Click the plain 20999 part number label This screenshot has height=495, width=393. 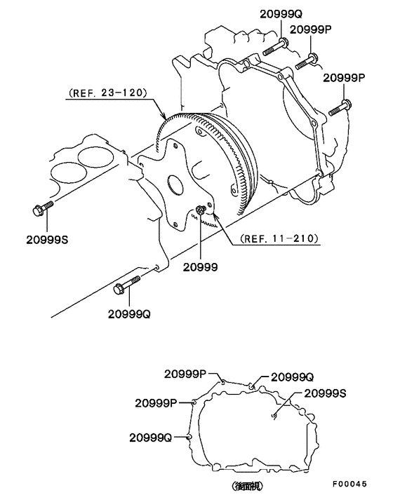pyautogui.click(x=200, y=267)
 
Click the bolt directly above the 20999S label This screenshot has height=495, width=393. pyautogui.click(x=41, y=208)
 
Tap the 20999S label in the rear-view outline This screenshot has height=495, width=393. pyautogui.click(x=321, y=393)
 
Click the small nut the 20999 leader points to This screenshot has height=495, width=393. pyautogui.click(x=201, y=208)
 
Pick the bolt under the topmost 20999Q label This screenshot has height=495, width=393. pyautogui.click(x=275, y=48)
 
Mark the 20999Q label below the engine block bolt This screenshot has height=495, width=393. pyautogui.click(x=129, y=314)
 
